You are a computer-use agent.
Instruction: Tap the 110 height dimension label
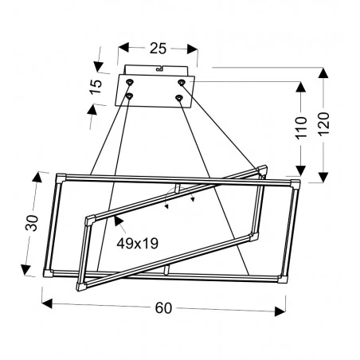click(x=301, y=127)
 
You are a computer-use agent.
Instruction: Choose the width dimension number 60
click(x=163, y=308)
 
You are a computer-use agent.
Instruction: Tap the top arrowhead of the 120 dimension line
click(x=323, y=72)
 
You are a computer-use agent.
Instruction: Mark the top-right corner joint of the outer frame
click(x=295, y=186)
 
